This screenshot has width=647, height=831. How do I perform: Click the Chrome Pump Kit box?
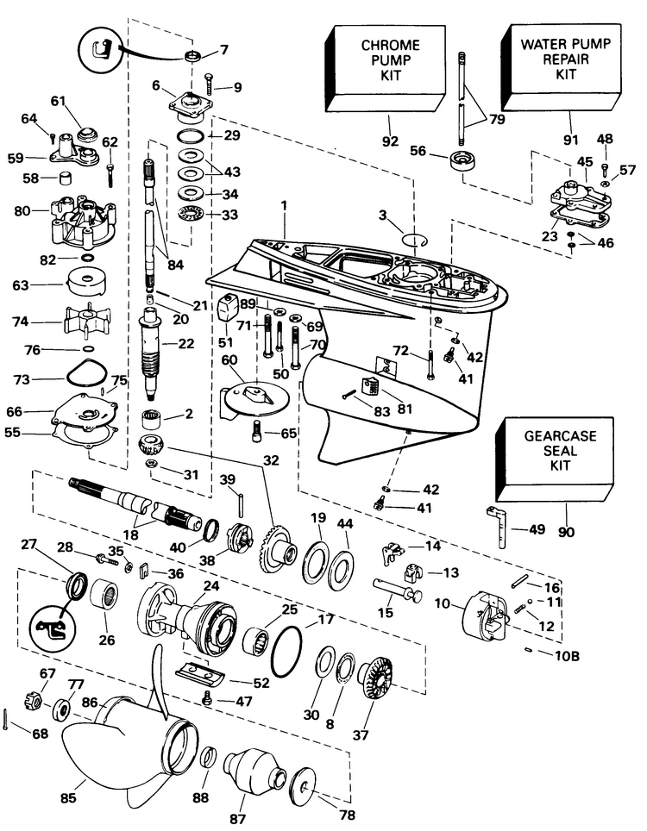(389, 62)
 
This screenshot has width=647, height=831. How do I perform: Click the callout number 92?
(391, 140)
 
